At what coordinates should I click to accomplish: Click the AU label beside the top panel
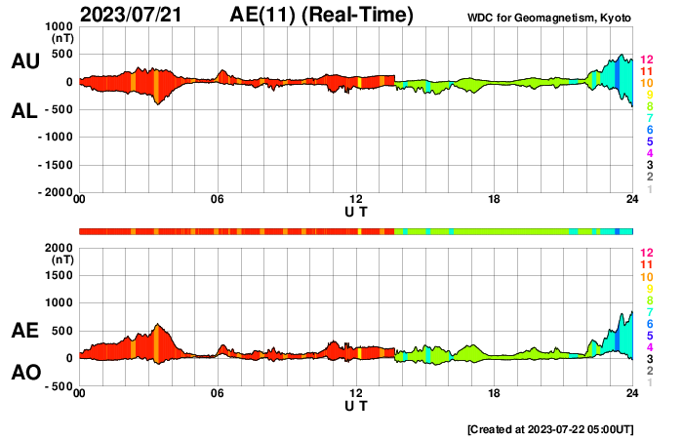24,61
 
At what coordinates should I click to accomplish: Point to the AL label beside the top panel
24,111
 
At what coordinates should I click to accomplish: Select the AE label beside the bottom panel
24,331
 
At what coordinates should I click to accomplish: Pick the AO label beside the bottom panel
24,372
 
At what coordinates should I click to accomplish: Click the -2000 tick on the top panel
56,193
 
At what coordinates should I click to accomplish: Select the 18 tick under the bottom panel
494,394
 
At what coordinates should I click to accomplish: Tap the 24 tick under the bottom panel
632,394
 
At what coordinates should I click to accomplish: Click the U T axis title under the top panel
356,211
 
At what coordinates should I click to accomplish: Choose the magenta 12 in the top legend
646,60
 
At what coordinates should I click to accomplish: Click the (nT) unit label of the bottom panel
60,260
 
